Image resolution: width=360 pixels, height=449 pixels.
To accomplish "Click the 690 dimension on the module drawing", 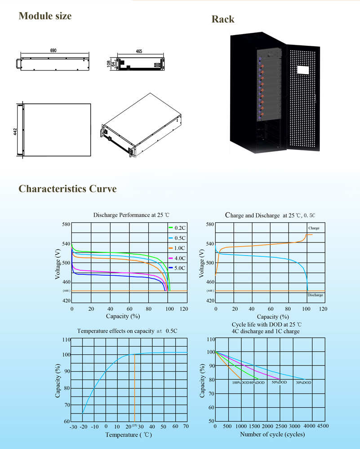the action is pos(53,50).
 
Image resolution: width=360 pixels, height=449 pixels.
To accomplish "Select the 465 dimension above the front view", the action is pos(139,51).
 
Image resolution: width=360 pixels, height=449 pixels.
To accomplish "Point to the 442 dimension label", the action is pos(15,132).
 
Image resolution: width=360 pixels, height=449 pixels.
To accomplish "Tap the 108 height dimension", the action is pos(109,64).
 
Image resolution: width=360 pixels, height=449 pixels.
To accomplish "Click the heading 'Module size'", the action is pos(45,16).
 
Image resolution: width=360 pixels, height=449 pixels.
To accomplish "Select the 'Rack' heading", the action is pos(223,19).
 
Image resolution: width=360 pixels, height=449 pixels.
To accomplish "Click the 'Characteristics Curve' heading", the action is pos(68,189).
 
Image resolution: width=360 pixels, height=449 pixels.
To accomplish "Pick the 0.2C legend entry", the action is pos(177,228).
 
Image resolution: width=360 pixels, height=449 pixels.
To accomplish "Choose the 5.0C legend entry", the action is pos(177,268).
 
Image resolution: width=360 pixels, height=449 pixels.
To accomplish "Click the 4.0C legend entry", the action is pos(177,258).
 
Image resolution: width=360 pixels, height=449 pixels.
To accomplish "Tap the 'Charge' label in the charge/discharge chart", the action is pos(314,228).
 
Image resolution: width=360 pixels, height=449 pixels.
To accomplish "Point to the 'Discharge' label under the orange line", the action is pos(316,295).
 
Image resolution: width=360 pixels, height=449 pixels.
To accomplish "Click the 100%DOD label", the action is pos(240,383).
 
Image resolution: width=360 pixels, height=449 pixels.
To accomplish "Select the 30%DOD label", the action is pos(303,383).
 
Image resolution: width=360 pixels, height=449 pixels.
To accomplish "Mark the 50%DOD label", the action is pos(279,382).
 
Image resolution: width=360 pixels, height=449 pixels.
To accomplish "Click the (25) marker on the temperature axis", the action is pos(135,425).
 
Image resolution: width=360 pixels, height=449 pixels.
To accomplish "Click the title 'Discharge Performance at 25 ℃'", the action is pos(131,215).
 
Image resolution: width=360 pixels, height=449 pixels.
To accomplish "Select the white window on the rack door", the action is pos(303,70).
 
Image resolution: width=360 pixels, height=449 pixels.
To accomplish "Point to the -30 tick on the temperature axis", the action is pos(74,427).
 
